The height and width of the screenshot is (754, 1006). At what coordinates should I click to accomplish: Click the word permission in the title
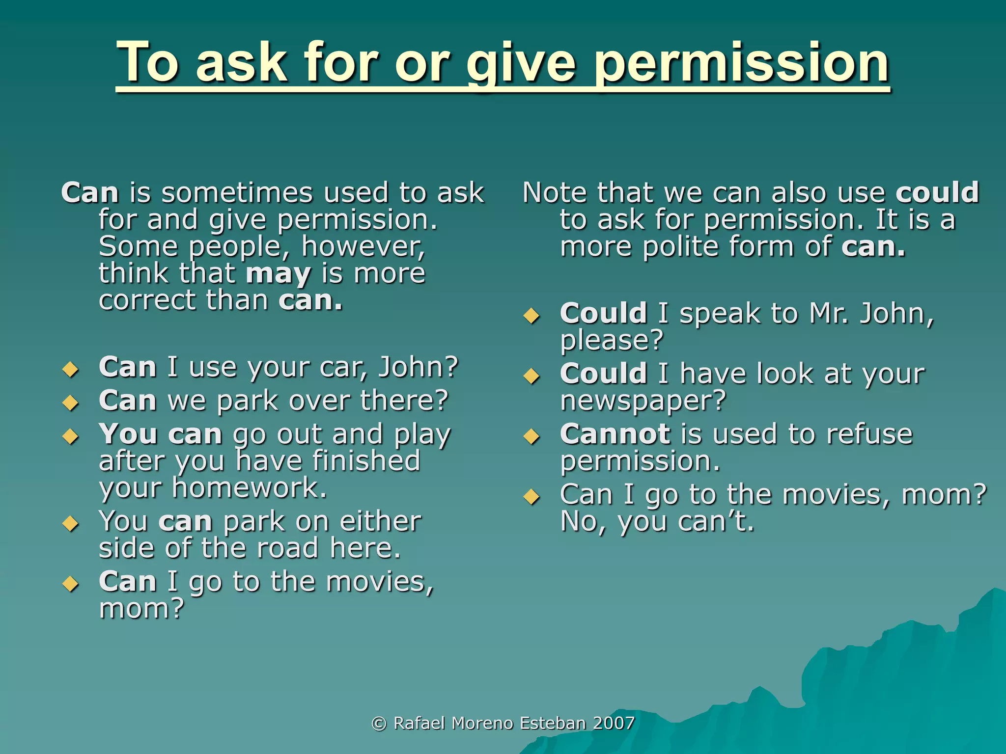pyautogui.click(x=742, y=64)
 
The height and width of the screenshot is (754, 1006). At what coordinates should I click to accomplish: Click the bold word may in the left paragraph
pyautogui.click(x=278, y=274)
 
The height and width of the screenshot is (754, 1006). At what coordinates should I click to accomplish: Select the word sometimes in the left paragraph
pyautogui.click(x=237, y=192)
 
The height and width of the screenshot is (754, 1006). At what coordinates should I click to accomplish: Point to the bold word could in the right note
pyautogui.click(x=937, y=192)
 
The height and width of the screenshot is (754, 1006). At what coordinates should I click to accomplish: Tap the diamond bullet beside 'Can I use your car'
pyautogui.click(x=71, y=369)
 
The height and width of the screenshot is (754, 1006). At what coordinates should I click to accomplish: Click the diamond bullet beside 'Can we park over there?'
pyautogui.click(x=71, y=403)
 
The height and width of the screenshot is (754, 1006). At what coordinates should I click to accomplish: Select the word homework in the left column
pyautogui.click(x=250, y=488)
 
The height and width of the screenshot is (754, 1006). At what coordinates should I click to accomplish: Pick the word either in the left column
pyautogui.click(x=380, y=521)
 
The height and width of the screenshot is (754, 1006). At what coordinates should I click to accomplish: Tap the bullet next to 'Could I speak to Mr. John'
pyautogui.click(x=531, y=316)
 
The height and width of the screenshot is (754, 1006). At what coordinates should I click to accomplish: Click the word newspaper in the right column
pyautogui.click(x=643, y=401)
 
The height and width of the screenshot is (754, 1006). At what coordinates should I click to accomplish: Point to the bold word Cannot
pyautogui.click(x=615, y=434)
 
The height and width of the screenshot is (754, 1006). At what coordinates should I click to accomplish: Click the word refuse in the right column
pyautogui.click(x=869, y=434)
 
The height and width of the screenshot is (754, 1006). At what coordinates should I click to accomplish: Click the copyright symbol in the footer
pyautogui.click(x=379, y=723)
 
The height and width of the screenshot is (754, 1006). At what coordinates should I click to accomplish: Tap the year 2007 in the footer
pyautogui.click(x=614, y=723)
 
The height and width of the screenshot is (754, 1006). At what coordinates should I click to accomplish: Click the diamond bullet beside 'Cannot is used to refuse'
pyautogui.click(x=531, y=436)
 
